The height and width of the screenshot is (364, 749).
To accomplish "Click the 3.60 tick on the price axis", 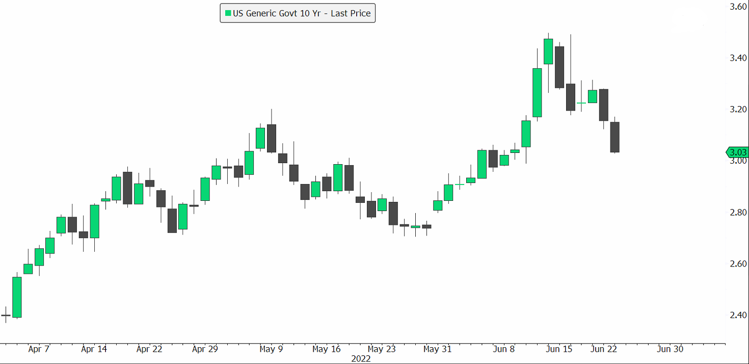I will (x=738, y=7).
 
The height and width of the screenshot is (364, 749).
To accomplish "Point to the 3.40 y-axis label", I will (x=738, y=58).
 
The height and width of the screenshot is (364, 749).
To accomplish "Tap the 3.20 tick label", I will (x=738, y=110).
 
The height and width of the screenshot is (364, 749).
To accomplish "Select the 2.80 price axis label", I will (x=738, y=213).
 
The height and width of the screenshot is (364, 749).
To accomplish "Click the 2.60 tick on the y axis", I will (x=738, y=264).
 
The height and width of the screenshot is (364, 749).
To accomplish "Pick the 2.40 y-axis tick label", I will (x=738, y=315).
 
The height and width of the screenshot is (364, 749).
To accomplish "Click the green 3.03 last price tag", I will (x=737, y=152).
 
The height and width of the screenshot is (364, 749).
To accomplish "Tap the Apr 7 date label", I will (x=39, y=349).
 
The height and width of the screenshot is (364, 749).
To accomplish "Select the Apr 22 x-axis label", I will (x=149, y=349).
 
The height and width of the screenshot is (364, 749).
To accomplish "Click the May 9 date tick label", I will (x=271, y=349).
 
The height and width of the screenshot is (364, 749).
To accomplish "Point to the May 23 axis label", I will (x=382, y=349).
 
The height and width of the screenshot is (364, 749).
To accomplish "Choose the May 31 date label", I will (x=438, y=349).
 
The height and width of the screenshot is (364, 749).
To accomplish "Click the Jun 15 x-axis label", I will (x=559, y=349).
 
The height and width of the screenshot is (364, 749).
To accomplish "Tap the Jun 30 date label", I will (x=670, y=349).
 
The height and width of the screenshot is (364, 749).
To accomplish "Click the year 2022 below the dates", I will (x=361, y=358).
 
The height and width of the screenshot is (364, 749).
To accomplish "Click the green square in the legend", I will (x=227, y=13).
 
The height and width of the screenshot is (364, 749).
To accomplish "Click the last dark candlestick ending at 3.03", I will (x=614, y=137).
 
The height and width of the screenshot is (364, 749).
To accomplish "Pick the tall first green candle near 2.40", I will (x=17, y=297).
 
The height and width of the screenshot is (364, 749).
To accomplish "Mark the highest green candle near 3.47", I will (x=548, y=51).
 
